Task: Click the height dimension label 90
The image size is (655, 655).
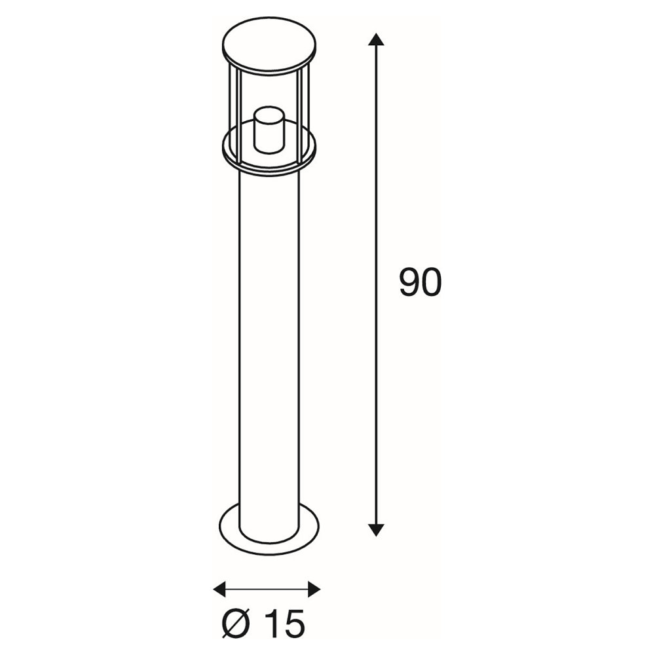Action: pyautogui.click(x=421, y=283)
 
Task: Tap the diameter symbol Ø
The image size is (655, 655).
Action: pyautogui.click(x=237, y=625)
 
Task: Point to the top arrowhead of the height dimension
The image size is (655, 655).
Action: pyautogui.click(x=377, y=39)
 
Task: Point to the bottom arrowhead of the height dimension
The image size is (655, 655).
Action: pyautogui.click(x=377, y=530)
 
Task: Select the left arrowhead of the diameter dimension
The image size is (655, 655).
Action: pyautogui.click(x=219, y=589)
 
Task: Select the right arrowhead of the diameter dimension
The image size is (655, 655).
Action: pyautogui.click(x=314, y=589)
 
